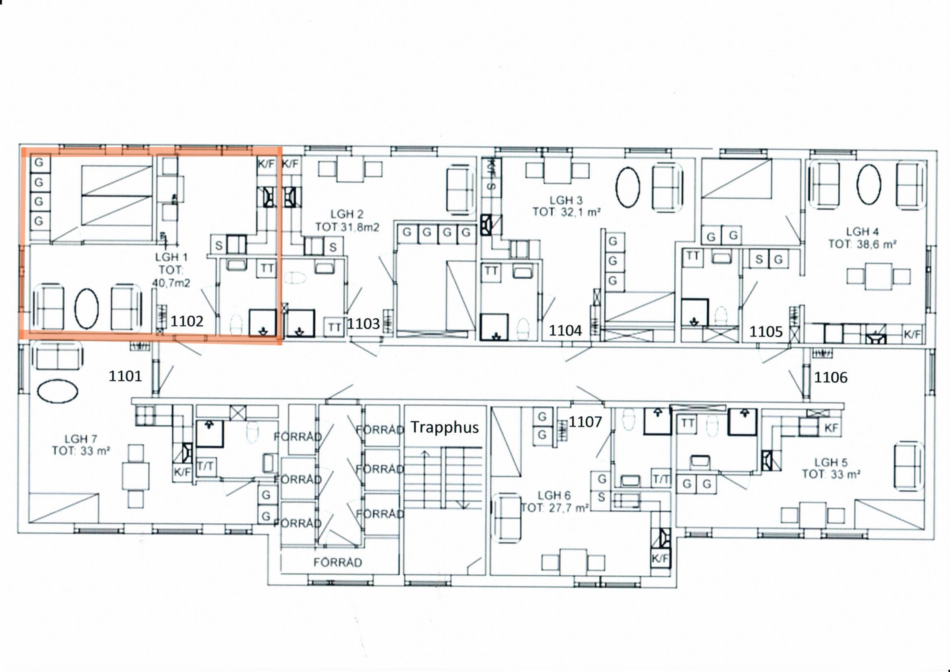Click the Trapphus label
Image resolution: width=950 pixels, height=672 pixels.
pyautogui.click(x=445, y=427)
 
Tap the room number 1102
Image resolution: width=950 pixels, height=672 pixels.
pyautogui.click(x=187, y=321)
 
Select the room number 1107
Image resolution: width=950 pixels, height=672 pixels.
pyautogui.click(x=585, y=422)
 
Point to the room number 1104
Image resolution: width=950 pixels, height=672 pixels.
pyautogui.click(x=565, y=330)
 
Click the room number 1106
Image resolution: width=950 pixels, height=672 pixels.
pyautogui.click(x=830, y=377)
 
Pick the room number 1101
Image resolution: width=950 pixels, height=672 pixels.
pyautogui.click(x=125, y=376)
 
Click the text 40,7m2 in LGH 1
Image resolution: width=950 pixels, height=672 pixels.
pyautogui.click(x=171, y=283)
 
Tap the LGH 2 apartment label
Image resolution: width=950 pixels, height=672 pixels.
pyautogui.click(x=347, y=214)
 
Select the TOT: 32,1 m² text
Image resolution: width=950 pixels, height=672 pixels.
pyautogui.click(x=566, y=212)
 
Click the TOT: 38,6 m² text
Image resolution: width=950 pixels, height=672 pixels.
pyautogui.click(x=862, y=244)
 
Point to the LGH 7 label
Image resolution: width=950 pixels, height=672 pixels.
pyautogui.click(x=81, y=439)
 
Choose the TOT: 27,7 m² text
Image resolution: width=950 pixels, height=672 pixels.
pyautogui.click(x=555, y=508)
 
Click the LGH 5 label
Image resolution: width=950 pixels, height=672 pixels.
pyautogui.click(x=831, y=462)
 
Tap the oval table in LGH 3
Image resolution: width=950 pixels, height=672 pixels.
pyautogui.click(x=628, y=186)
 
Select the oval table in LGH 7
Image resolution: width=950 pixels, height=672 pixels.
pyautogui.click(x=58, y=391)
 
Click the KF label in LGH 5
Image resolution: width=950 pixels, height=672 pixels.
pyautogui.click(x=831, y=428)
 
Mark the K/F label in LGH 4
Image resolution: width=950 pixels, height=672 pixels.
pyautogui.click(x=912, y=334)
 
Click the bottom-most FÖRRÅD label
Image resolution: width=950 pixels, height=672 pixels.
pyautogui.click(x=338, y=562)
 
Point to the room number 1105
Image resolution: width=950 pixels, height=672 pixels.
pyautogui.click(x=766, y=332)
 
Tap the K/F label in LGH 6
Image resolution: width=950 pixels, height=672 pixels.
pyautogui.click(x=660, y=559)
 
